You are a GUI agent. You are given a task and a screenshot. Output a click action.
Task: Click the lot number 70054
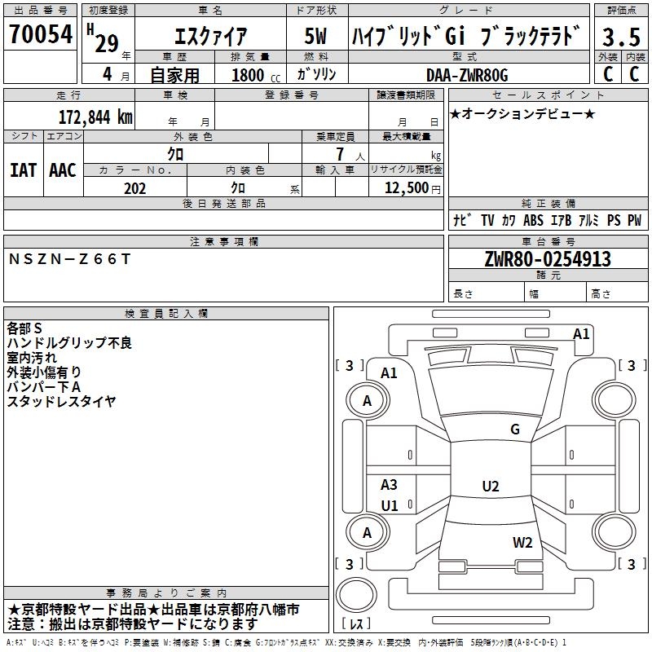[x=41, y=34]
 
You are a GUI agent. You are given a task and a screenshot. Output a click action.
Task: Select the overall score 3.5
[x=621, y=37]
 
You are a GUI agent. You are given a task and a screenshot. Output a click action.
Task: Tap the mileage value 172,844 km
[x=95, y=117]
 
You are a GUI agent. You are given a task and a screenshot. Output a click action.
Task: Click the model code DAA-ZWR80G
[x=467, y=75]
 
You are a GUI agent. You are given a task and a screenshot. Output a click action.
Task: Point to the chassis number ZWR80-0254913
[x=548, y=259]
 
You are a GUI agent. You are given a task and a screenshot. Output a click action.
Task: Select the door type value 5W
[x=315, y=36]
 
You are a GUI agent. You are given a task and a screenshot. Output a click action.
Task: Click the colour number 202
[x=134, y=188]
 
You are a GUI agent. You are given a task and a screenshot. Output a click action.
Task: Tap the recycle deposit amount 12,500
[x=406, y=188]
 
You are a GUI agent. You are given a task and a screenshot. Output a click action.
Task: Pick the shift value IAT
[x=24, y=170]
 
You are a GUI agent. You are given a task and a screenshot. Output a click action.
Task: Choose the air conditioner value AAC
[x=63, y=170]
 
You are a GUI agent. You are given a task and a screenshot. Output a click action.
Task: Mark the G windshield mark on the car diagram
[x=515, y=429]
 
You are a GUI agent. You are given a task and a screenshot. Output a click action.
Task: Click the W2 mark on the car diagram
[x=522, y=543]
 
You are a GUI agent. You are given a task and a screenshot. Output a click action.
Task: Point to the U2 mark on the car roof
[x=491, y=486]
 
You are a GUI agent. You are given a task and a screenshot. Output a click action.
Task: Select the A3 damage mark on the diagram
[x=389, y=484]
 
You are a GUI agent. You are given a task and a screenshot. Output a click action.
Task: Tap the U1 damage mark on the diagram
[x=390, y=505]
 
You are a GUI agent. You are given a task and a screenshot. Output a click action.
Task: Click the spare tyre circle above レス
[x=356, y=594]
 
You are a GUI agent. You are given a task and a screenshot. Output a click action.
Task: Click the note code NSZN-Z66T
[x=69, y=259]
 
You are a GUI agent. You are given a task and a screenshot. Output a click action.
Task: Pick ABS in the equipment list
[x=533, y=220]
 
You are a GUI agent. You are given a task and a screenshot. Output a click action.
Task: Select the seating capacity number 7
[x=340, y=154]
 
